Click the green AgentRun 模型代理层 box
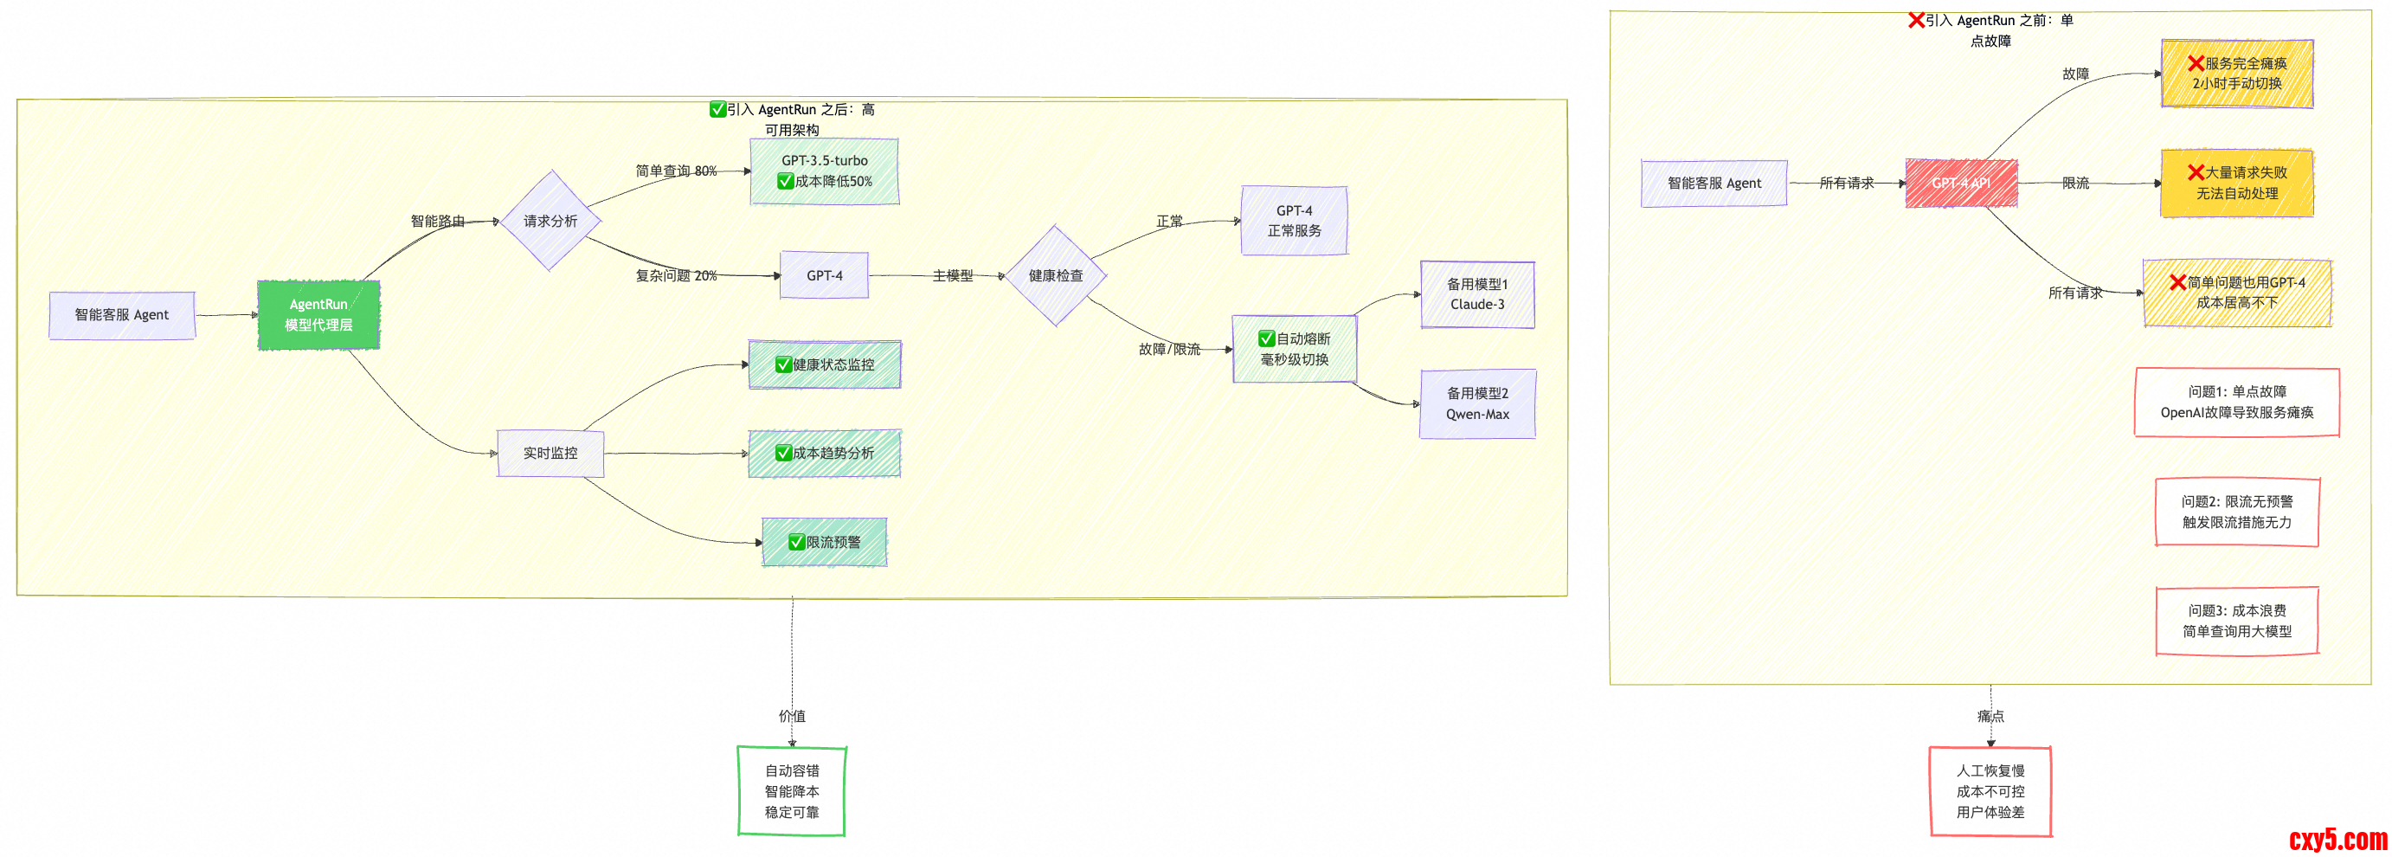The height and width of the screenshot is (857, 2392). tap(318, 315)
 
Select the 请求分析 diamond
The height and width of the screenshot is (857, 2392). tap(550, 221)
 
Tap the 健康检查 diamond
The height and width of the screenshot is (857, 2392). tap(1056, 276)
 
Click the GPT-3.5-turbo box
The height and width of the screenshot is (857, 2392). tap(825, 171)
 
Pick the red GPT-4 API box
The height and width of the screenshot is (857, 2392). tap(1961, 183)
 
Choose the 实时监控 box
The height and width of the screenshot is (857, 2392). tap(550, 453)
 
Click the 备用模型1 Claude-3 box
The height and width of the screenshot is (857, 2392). tap(1477, 294)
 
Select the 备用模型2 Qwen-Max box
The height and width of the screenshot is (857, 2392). tap(1477, 404)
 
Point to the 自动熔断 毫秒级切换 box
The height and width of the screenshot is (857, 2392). tap(1295, 349)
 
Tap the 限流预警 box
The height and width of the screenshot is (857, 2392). tap(825, 542)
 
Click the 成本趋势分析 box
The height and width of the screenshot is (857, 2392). tap(825, 453)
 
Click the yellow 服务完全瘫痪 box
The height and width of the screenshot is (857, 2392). tap(2237, 74)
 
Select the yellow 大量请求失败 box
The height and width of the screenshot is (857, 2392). tap(2237, 183)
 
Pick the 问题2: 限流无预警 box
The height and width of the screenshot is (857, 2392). tap(2237, 512)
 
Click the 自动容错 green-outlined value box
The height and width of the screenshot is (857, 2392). tap(792, 791)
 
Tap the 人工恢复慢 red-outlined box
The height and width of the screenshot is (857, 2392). tap(1990, 791)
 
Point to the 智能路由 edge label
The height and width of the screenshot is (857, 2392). tap(437, 221)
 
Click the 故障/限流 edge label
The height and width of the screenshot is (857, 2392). tap(1169, 349)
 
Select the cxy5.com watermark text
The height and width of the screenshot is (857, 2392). tap(2337, 840)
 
